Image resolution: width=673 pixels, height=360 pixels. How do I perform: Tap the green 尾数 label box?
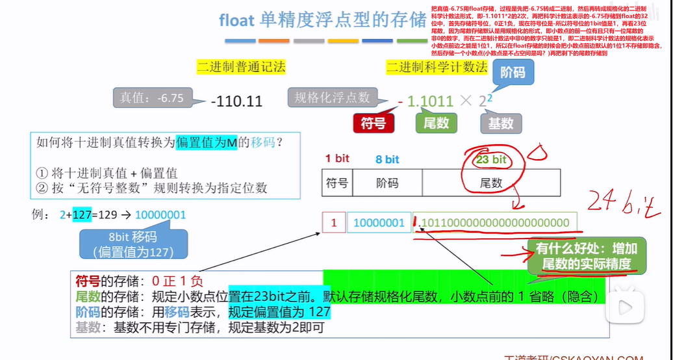pos(437,123)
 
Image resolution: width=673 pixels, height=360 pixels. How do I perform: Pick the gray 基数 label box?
pos(502,123)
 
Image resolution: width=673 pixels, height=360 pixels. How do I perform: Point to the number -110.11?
pos(236,101)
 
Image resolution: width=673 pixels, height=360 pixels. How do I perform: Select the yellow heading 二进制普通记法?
pos(241,66)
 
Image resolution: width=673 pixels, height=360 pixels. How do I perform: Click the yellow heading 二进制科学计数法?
pos(437,66)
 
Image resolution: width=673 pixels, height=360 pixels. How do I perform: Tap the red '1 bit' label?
pos(337,159)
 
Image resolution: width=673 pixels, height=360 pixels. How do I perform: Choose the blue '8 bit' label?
pos(387,159)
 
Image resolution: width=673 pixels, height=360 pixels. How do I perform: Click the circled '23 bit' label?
pos(491,159)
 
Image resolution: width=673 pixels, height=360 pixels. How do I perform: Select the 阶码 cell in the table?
pos(387,183)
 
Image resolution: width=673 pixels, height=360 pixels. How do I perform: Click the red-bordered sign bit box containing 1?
pos(334,223)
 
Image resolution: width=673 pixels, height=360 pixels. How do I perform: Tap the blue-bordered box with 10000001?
pos(379,223)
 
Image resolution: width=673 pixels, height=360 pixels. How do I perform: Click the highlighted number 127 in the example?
pos(82,214)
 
